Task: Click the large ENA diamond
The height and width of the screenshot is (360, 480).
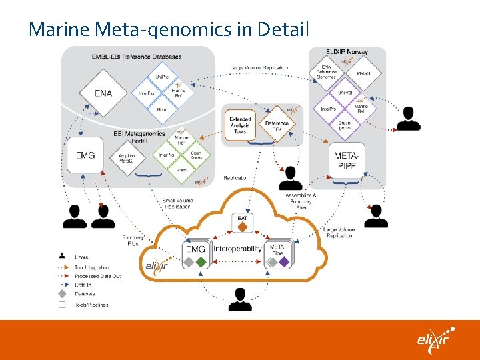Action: coord(103,93)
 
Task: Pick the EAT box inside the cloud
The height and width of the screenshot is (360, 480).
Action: coord(243,218)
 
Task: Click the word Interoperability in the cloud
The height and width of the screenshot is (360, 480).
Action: coord(238,249)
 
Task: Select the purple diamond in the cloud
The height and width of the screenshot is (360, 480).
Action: coord(284,262)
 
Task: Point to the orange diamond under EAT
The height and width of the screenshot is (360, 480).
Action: coord(243,228)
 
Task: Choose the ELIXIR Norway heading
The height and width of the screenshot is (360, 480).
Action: coord(348,52)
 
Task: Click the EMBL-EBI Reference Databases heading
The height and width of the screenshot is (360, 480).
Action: coord(137,57)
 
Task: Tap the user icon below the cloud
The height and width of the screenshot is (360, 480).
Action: coord(240,300)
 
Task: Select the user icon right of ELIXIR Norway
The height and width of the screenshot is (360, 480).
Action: coord(408,118)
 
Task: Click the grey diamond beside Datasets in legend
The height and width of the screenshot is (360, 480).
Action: coord(61,293)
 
